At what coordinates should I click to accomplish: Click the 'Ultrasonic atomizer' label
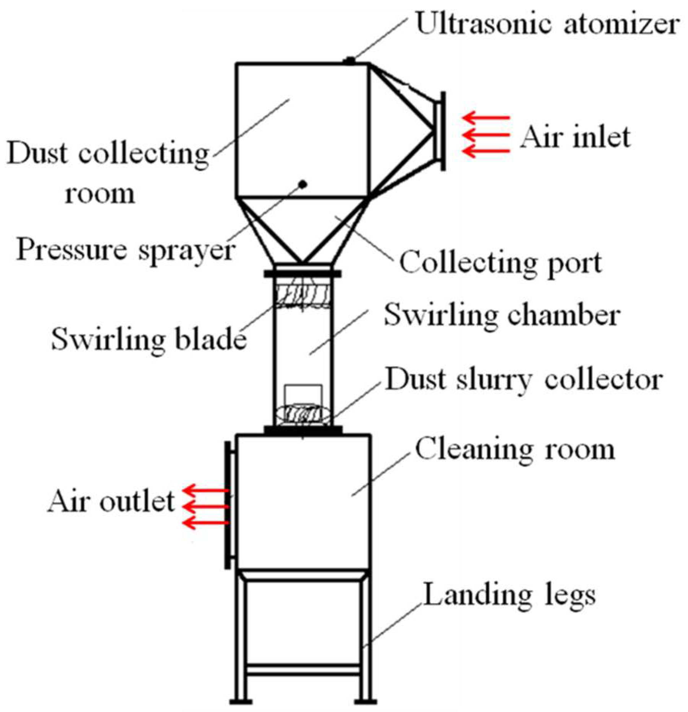coord(547,24)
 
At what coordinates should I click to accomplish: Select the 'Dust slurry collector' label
coord(524,380)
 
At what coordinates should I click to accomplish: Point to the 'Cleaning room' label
coord(515,450)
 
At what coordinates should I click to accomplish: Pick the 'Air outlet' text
coord(111,501)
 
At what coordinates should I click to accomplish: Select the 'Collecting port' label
coord(501,263)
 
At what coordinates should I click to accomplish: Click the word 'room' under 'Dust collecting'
coord(100,194)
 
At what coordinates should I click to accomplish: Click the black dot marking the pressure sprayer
coord(303,184)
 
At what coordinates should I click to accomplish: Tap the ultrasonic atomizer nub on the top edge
coord(349,60)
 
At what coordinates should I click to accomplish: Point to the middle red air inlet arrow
coord(486,135)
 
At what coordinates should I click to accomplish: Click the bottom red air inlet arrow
coord(486,151)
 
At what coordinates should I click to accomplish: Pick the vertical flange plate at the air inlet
coord(443,131)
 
